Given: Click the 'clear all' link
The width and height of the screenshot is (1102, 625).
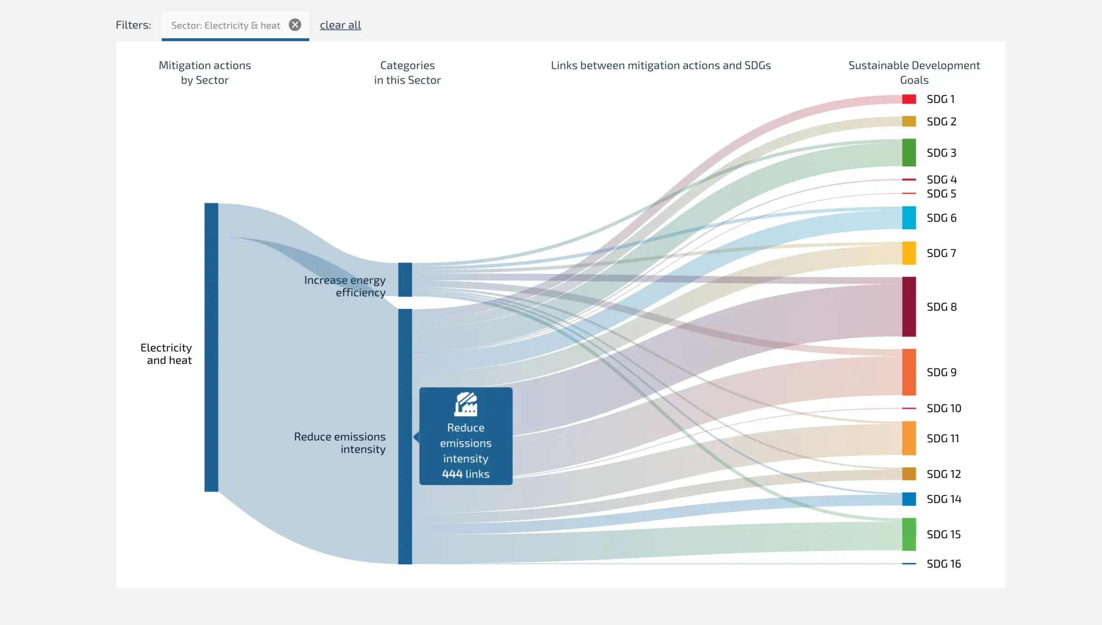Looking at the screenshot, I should (340, 25).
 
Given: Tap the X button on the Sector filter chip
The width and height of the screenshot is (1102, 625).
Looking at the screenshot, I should (295, 25).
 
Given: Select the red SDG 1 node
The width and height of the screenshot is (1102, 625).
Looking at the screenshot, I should (909, 99).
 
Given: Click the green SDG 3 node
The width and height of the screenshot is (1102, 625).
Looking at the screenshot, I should (909, 153).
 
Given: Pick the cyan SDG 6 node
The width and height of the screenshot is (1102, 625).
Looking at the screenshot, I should (909, 218).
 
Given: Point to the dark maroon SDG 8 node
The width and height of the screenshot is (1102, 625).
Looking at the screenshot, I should (909, 307).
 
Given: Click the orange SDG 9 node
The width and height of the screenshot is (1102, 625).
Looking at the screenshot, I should (909, 372).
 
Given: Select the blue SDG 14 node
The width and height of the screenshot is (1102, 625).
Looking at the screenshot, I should (909, 499).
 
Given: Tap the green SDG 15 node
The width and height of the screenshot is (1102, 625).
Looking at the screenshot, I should (909, 534).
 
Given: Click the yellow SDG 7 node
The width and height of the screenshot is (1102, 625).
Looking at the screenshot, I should (909, 253).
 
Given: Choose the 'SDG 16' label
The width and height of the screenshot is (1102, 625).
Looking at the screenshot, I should (944, 564).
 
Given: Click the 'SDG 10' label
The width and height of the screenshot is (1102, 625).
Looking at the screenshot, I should (944, 409).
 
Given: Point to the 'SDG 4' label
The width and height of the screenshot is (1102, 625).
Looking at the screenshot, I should (941, 180).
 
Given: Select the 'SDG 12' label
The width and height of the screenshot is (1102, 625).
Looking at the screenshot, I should (944, 474).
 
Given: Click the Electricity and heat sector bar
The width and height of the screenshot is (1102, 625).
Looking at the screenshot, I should (211, 347).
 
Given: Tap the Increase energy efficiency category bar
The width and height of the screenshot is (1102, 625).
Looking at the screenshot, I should (405, 279).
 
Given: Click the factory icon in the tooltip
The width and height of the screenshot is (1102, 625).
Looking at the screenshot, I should (466, 404).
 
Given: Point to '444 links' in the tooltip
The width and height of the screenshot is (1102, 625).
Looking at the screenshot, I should (466, 474).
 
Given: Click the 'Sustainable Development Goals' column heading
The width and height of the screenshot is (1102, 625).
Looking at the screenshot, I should (914, 73).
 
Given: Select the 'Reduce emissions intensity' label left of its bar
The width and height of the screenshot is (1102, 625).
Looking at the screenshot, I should (340, 443).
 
